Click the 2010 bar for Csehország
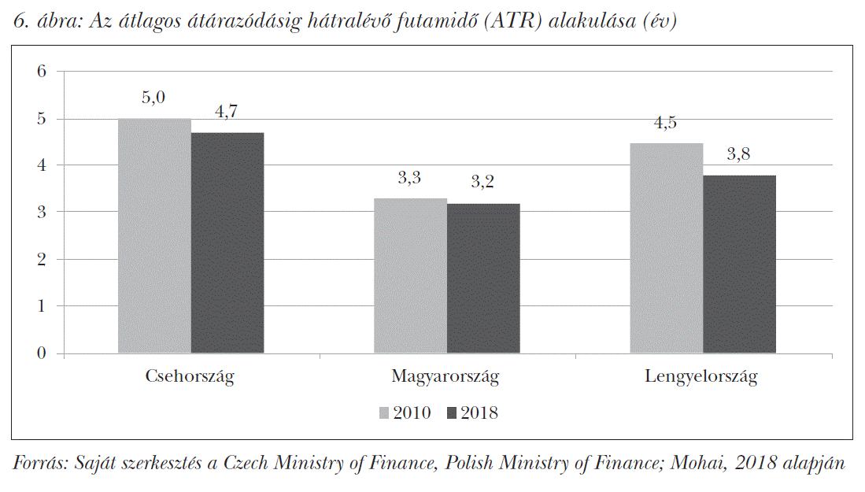(x=154, y=235)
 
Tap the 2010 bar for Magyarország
(x=410, y=276)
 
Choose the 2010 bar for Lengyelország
(x=666, y=248)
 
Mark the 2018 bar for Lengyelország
(x=739, y=264)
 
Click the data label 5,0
(x=153, y=98)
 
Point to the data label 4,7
(x=227, y=112)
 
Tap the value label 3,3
(x=409, y=178)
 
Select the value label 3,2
(x=482, y=182)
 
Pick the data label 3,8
(x=738, y=154)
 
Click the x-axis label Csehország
(x=190, y=376)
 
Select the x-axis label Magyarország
(x=445, y=376)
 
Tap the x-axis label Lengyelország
(x=701, y=376)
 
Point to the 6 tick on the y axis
(x=42, y=72)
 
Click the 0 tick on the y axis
(x=42, y=353)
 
